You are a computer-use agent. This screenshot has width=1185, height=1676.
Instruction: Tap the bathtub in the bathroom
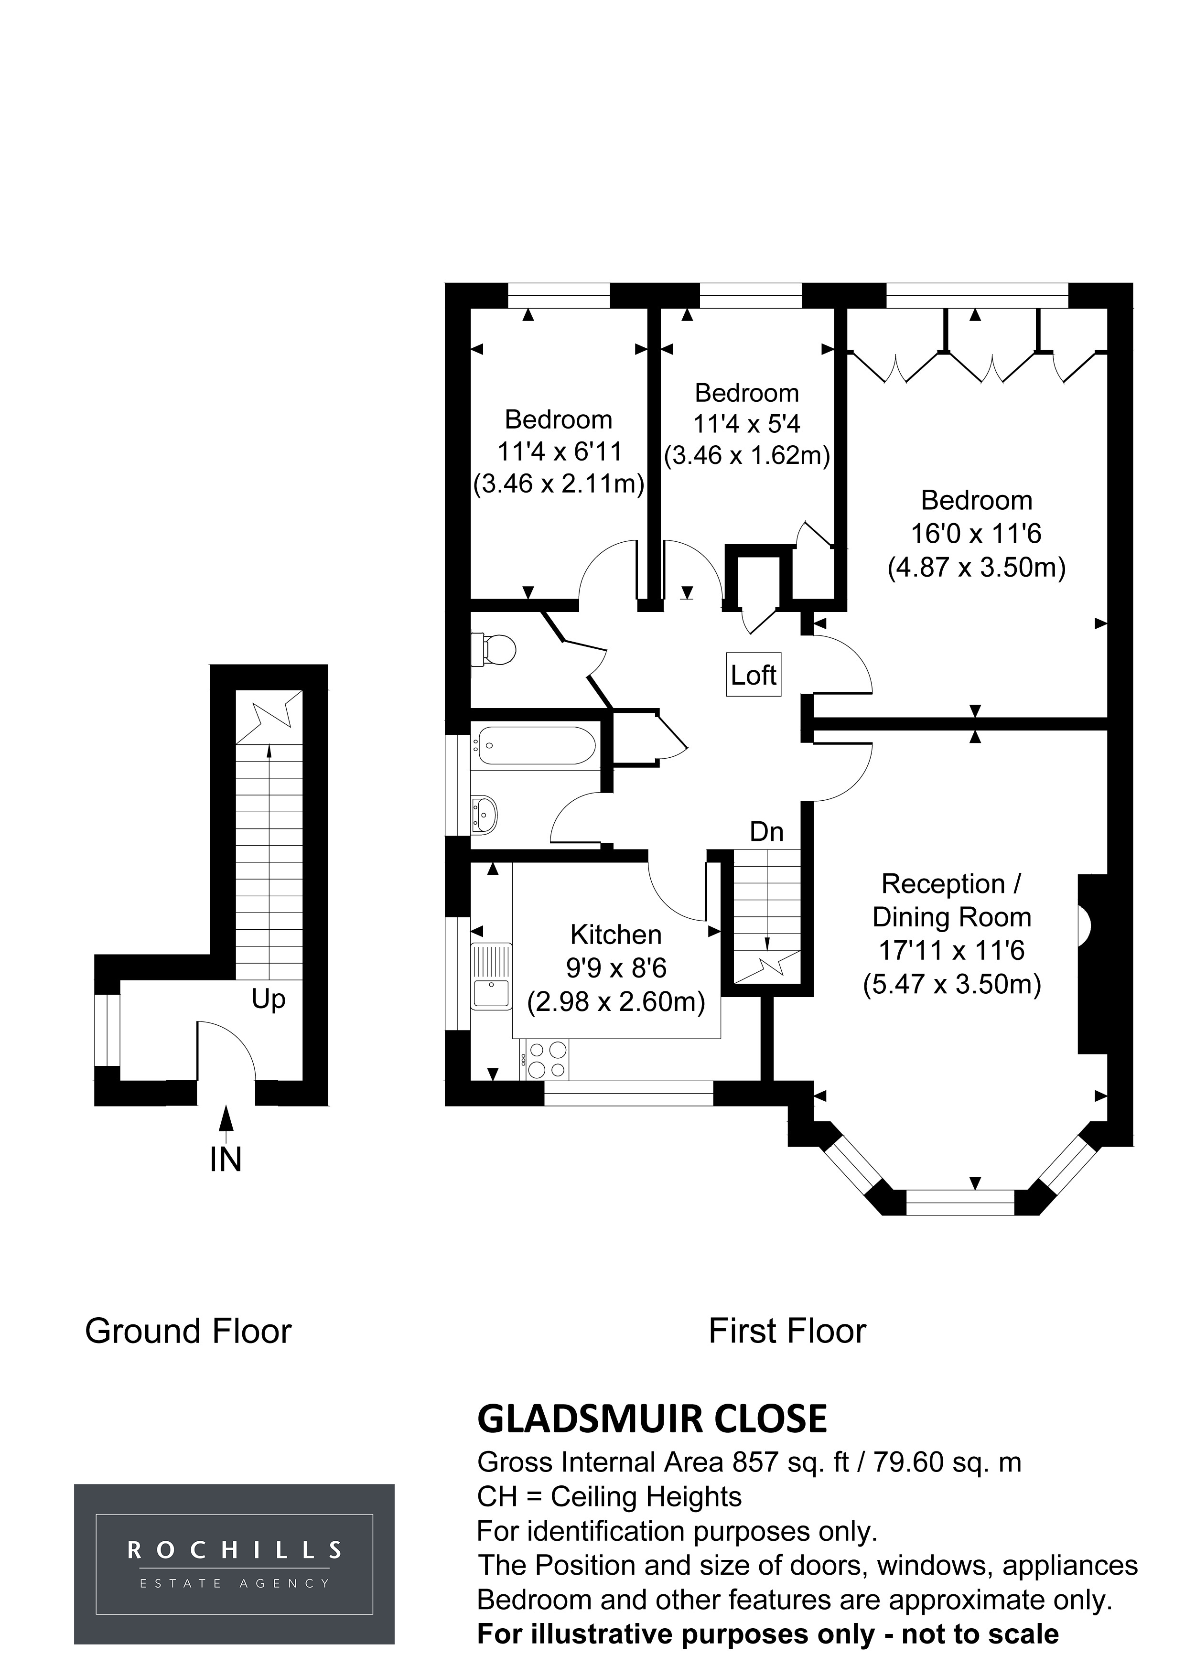coord(533,745)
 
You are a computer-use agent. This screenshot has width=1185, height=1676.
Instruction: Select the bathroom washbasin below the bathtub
coord(484,813)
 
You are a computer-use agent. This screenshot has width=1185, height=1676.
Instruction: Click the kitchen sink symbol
coord(492,978)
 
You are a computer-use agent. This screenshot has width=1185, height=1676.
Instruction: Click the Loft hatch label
coord(754,675)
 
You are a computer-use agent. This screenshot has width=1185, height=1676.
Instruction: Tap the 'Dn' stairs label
coord(766,831)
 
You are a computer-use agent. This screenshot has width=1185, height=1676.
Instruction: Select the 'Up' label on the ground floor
coord(268,999)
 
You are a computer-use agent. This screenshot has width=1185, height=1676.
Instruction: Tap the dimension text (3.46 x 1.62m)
coord(747,455)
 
